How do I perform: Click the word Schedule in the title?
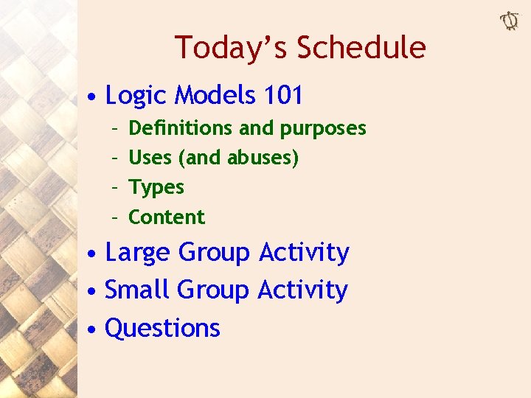click(x=361, y=48)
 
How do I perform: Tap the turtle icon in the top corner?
click(x=510, y=21)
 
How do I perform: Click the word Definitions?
click(x=181, y=128)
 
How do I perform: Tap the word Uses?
click(x=147, y=158)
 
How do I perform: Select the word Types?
click(x=156, y=187)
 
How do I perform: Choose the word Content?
click(x=167, y=217)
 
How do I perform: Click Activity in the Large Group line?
click(x=304, y=252)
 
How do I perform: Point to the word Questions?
click(x=163, y=328)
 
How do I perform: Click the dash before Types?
click(x=115, y=188)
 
